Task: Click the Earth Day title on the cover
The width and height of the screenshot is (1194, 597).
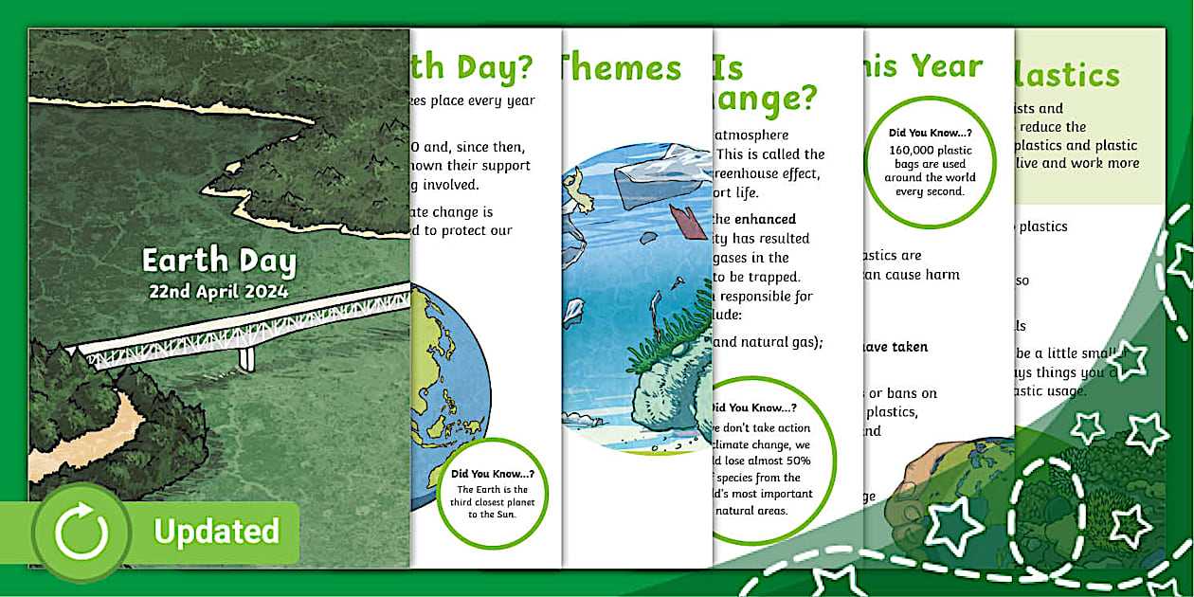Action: tap(219, 261)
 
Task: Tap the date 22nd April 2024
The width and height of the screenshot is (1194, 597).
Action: tap(218, 292)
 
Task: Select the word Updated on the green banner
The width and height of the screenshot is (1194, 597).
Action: tap(217, 532)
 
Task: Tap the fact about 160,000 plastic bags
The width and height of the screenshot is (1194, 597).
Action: tap(931, 164)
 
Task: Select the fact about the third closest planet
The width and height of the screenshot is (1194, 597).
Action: tap(492, 495)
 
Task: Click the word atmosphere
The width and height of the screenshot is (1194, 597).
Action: tap(751, 136)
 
